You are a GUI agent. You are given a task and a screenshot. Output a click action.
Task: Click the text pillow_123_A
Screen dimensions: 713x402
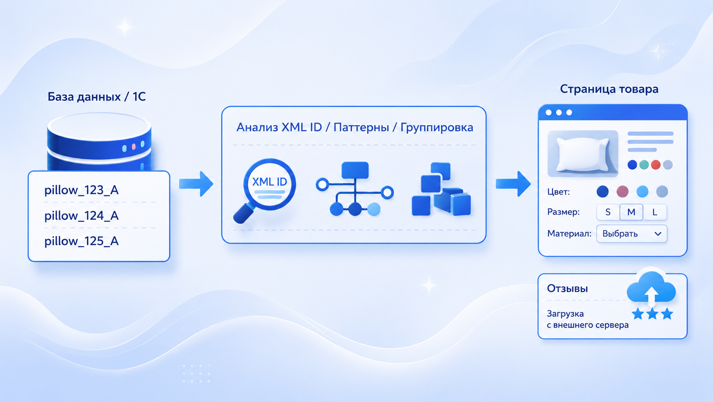click(81, 191)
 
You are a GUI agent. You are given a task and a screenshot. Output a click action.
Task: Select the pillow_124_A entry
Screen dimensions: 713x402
click(81, 216)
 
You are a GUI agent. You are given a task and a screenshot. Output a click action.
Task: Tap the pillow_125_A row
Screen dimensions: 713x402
click(81, 241)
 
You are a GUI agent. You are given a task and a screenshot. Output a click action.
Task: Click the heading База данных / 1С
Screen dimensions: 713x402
click(97, 97)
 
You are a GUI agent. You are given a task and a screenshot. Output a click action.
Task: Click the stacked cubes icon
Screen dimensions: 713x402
click(441, 189)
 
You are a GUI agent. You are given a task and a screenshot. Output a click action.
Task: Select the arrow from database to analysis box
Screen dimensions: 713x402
click(196, 184)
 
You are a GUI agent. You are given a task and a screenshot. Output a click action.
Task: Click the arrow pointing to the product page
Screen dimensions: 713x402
click(513, 184)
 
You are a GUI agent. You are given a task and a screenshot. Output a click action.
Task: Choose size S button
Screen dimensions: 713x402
click(608, 212)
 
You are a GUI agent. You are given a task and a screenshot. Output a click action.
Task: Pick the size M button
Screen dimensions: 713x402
click(631, 212)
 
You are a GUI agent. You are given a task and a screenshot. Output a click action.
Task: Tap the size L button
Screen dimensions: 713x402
click(655, 212)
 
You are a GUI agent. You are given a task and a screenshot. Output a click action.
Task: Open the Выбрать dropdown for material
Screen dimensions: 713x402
click(632, 234)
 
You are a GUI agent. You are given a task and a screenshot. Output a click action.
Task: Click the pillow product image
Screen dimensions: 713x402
click(583, 154)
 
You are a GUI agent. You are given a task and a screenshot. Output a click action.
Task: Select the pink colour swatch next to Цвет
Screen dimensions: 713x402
click(622, 191)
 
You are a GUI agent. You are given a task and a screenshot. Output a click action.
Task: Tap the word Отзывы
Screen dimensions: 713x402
click(567, 288)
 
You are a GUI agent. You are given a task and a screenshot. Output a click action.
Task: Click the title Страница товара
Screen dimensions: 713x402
click(609, 89)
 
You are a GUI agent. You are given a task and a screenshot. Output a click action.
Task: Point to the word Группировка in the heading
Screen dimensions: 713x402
click(437, 127)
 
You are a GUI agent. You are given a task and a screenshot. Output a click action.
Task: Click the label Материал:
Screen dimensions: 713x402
click(569, 234)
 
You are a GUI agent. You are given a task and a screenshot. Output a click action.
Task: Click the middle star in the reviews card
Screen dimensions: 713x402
click(652, 314)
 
